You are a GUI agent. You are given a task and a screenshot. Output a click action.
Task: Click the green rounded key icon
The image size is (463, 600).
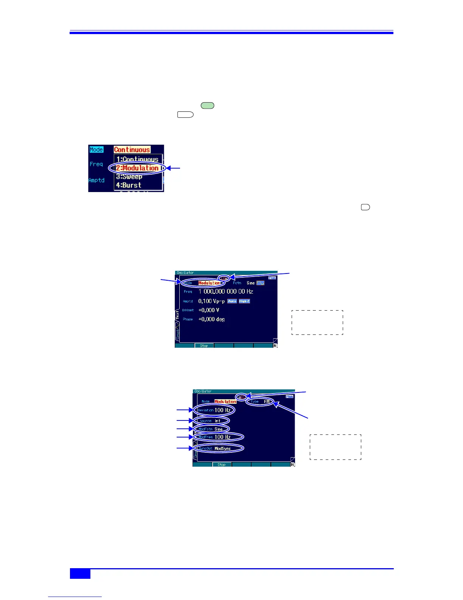(207, 106)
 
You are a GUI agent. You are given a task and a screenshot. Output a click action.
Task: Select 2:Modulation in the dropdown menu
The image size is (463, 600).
(137, 168)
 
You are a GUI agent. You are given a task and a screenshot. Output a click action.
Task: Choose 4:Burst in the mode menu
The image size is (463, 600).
(129, 185)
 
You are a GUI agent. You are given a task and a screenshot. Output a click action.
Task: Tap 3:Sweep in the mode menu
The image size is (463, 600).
(129, 177)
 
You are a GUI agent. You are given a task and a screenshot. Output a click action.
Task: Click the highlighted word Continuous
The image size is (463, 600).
(132, 150)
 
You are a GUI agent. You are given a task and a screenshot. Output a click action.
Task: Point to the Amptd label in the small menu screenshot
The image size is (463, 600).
(96, 180)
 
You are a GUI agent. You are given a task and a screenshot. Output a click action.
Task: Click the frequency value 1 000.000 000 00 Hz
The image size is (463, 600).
(226, 292)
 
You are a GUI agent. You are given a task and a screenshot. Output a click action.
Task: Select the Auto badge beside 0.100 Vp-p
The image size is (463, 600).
(232, 302)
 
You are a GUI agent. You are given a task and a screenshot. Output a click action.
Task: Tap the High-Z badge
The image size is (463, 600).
(244, 302)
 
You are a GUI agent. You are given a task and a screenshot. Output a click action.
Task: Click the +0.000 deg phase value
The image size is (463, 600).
(211, 319)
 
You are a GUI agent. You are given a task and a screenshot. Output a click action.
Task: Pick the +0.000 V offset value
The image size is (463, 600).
(209, 310)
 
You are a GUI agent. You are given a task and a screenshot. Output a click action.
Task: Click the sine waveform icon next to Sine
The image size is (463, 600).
(260, 283)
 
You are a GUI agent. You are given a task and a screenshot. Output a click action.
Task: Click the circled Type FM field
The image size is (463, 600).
(260, 402)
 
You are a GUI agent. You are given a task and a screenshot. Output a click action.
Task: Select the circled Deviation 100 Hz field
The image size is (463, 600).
(214, 410)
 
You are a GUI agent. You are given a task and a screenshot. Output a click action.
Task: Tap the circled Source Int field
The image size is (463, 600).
(211, 421)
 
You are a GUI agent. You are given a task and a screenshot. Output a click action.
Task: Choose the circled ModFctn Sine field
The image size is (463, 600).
(211, 429)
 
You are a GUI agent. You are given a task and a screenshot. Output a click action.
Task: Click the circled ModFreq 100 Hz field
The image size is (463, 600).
(218, 437)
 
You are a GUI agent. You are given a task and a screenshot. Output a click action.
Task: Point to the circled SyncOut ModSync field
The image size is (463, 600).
(219, 448)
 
